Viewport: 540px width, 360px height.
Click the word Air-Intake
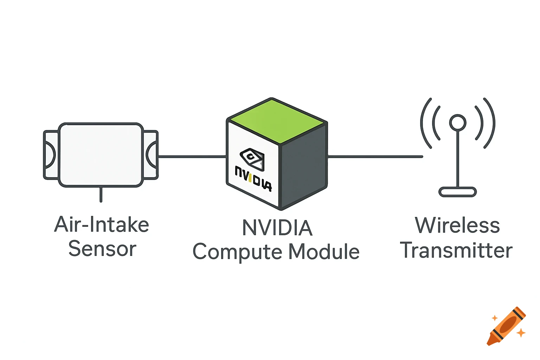pos(102,225)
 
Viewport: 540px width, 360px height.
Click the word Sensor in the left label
pos(102,249)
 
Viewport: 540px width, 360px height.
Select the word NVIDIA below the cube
pos(277,228)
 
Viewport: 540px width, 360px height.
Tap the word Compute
pos(237,252)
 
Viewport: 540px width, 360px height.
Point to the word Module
pos(324,252)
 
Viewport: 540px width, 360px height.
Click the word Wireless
pos(457,225)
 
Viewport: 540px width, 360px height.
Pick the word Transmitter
pos(456,250)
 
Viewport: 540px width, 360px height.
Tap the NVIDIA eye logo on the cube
pos(252,158)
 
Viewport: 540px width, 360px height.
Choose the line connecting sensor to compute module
pos(192,156)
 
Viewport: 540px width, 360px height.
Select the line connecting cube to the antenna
pos(375,156)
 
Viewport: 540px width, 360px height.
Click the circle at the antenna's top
pos(458,123)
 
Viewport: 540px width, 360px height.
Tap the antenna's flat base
pos(458,192)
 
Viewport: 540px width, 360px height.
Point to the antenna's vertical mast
pos(458,158)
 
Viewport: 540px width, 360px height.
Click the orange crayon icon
pos(506,326)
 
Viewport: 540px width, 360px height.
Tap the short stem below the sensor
pos(101,194)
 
